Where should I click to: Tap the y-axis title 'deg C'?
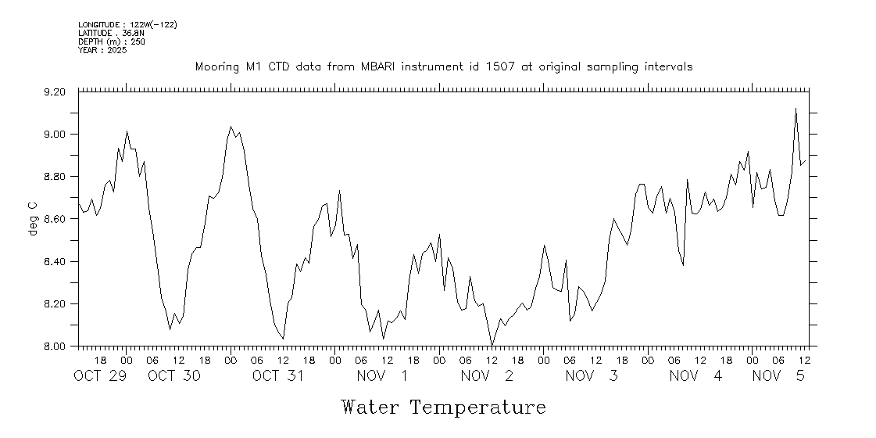(33, 219)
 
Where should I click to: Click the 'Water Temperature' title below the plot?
(443, 407)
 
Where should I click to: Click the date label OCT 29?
(99, 376)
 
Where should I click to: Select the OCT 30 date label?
(174, 376)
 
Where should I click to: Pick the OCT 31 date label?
(277, 376)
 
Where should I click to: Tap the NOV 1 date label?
(382, 376)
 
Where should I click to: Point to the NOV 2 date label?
(487, 376)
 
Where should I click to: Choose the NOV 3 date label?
(592, 376)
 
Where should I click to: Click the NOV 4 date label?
(695, 376)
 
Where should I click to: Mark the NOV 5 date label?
(778, 376)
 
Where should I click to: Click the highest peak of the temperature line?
(796, 109)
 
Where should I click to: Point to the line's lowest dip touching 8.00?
(492, 345)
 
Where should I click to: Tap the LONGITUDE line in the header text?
(127, 25)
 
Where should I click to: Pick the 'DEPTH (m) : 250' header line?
(112, 41)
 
